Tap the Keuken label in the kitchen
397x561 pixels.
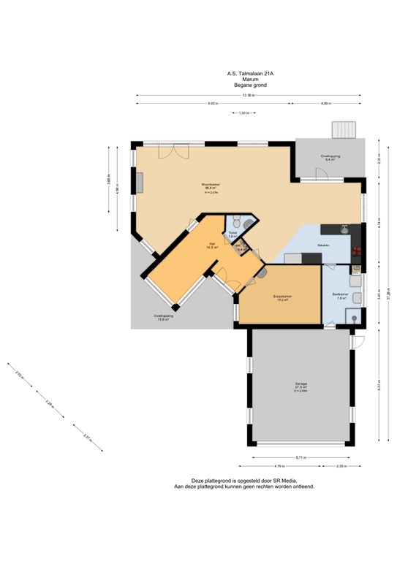coord(322,245)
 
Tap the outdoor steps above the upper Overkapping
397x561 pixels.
coord(344,130)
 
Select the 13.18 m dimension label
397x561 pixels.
coord(249,96)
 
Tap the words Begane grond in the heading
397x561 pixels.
coord(250,85)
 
